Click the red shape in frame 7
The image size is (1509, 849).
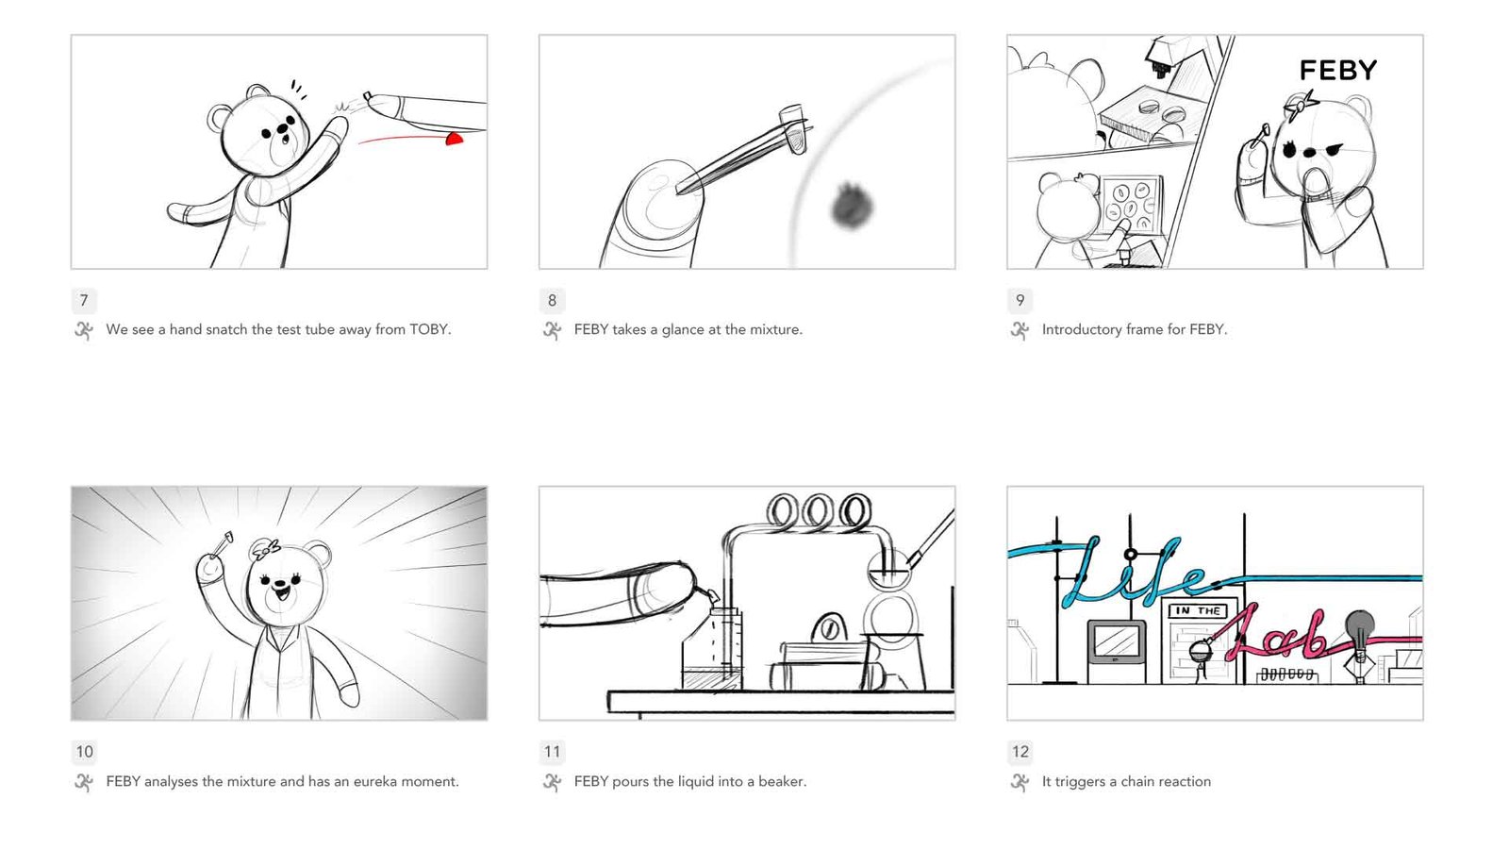(x=456, y=139)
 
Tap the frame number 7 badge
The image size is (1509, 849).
(x=84, y=301)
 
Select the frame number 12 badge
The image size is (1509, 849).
(x=1020, y=752)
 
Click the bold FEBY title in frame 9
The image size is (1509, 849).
(x=1338, y=70)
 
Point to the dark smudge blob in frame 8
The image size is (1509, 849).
(x=853, y=206)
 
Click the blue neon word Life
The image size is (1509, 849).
(x=1132, y=572)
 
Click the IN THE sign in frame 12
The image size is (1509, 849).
(x=1199, y=610)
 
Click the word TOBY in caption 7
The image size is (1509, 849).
(x=429, y=329)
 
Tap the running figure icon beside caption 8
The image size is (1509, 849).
(x=552, y=330)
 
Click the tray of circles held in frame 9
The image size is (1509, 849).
(x=1132, y=205)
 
